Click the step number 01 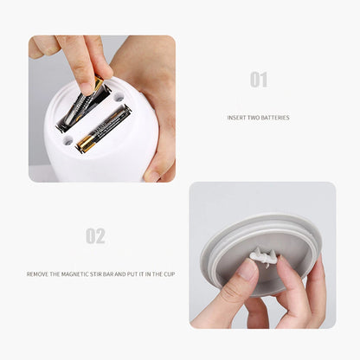(x=259, y=80)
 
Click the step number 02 (x=96, y=235)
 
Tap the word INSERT (x=236, y=118)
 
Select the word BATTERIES (x=276, y=118)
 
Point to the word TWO (x=255, y=118)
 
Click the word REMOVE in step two (x=39, y=273)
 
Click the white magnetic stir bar (x=262, y=256)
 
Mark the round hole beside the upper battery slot (x=118, y=96)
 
